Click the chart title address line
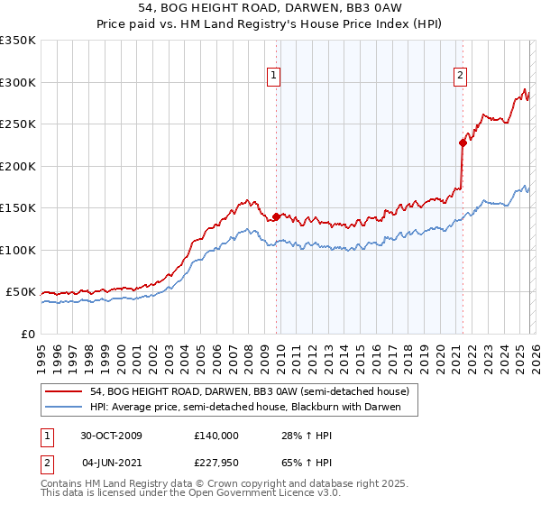(x=270, y=8)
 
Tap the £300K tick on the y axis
(x=18, y=82)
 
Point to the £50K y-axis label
(x=22, y=292)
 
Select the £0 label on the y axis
(x=29, y=335)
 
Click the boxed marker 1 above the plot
(x=273, y=76)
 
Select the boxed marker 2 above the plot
(x=460, y=76)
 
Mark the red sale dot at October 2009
(x=276, y=216)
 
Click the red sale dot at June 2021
(x=463, y=142)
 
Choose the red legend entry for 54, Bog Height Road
(x=250, y=391)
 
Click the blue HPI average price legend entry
(x=250, y=408)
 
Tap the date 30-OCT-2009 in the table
(x=112, y=436)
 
